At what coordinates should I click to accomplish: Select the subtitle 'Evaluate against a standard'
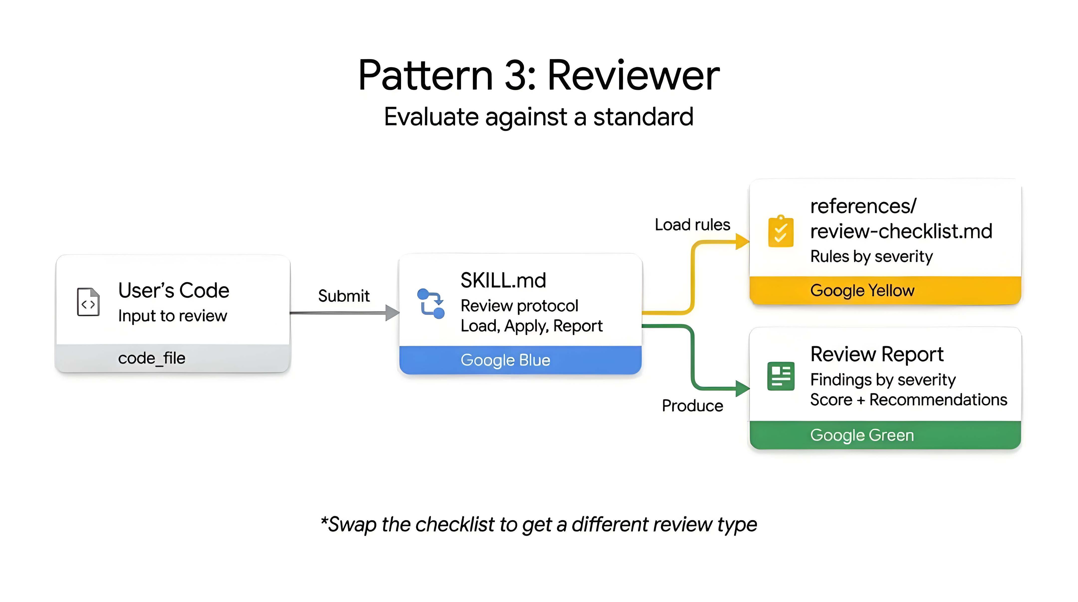(x=539, y=117)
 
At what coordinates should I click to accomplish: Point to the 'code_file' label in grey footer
(x=151, y=358)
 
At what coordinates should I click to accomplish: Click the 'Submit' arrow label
(x=344, y=296)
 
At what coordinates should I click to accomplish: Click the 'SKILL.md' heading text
(x=503, y=281)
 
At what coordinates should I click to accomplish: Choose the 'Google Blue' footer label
(x=505, y=360)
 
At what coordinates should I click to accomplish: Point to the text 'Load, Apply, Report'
(x=532, y=326)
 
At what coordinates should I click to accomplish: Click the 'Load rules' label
(x=692, y=225)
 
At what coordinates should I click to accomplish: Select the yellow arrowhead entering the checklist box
(x=742, y=242)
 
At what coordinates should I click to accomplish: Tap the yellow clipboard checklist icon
(x=781, y=232)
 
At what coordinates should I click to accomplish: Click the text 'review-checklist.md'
(x=901, y=231)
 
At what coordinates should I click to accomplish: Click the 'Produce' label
(x=692, y=406)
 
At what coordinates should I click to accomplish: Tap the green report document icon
(x=781, y=376)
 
